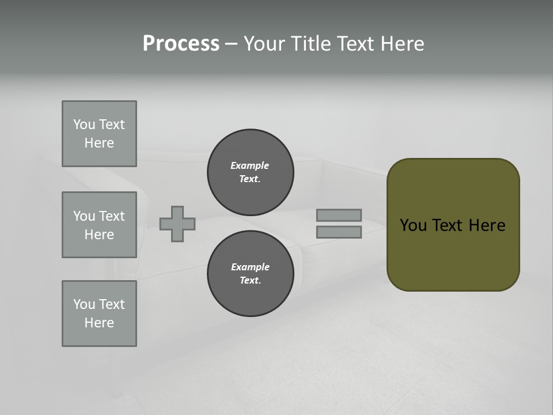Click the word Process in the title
point(181,44)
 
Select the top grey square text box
point(99,134)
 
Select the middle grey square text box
point(99,225)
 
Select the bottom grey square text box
point(99,314)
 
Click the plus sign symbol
point(177,224)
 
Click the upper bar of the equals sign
point(339,215)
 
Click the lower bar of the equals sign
point(339,232)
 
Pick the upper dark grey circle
point(251,172)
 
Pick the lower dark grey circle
point(251,274)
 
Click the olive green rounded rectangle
point(453,254)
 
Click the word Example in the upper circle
point(250,165)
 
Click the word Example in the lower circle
point(250,267)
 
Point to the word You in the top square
point(84,124)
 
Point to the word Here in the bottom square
point(99,323)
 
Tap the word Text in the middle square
point(112,216)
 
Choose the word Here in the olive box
point(487,225)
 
